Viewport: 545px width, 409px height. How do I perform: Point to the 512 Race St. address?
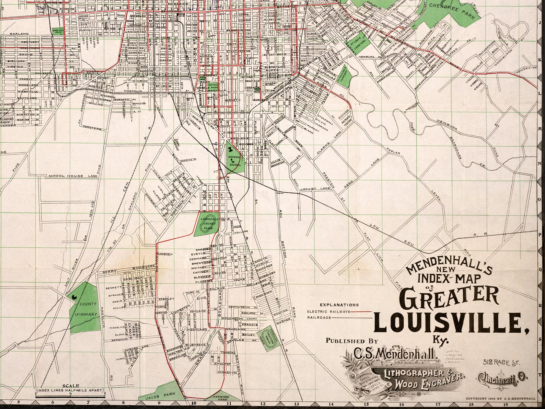[501, 362]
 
